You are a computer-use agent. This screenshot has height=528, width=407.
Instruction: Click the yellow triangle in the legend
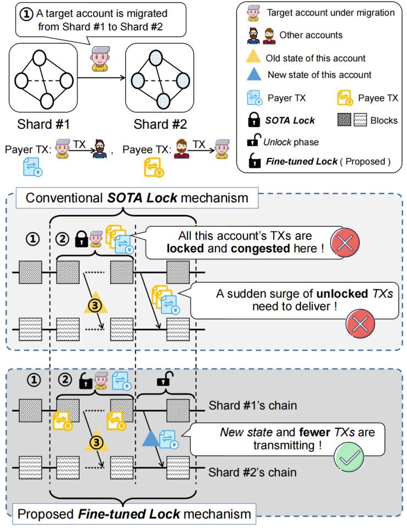256,56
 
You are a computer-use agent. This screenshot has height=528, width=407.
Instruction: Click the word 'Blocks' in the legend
384,120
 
